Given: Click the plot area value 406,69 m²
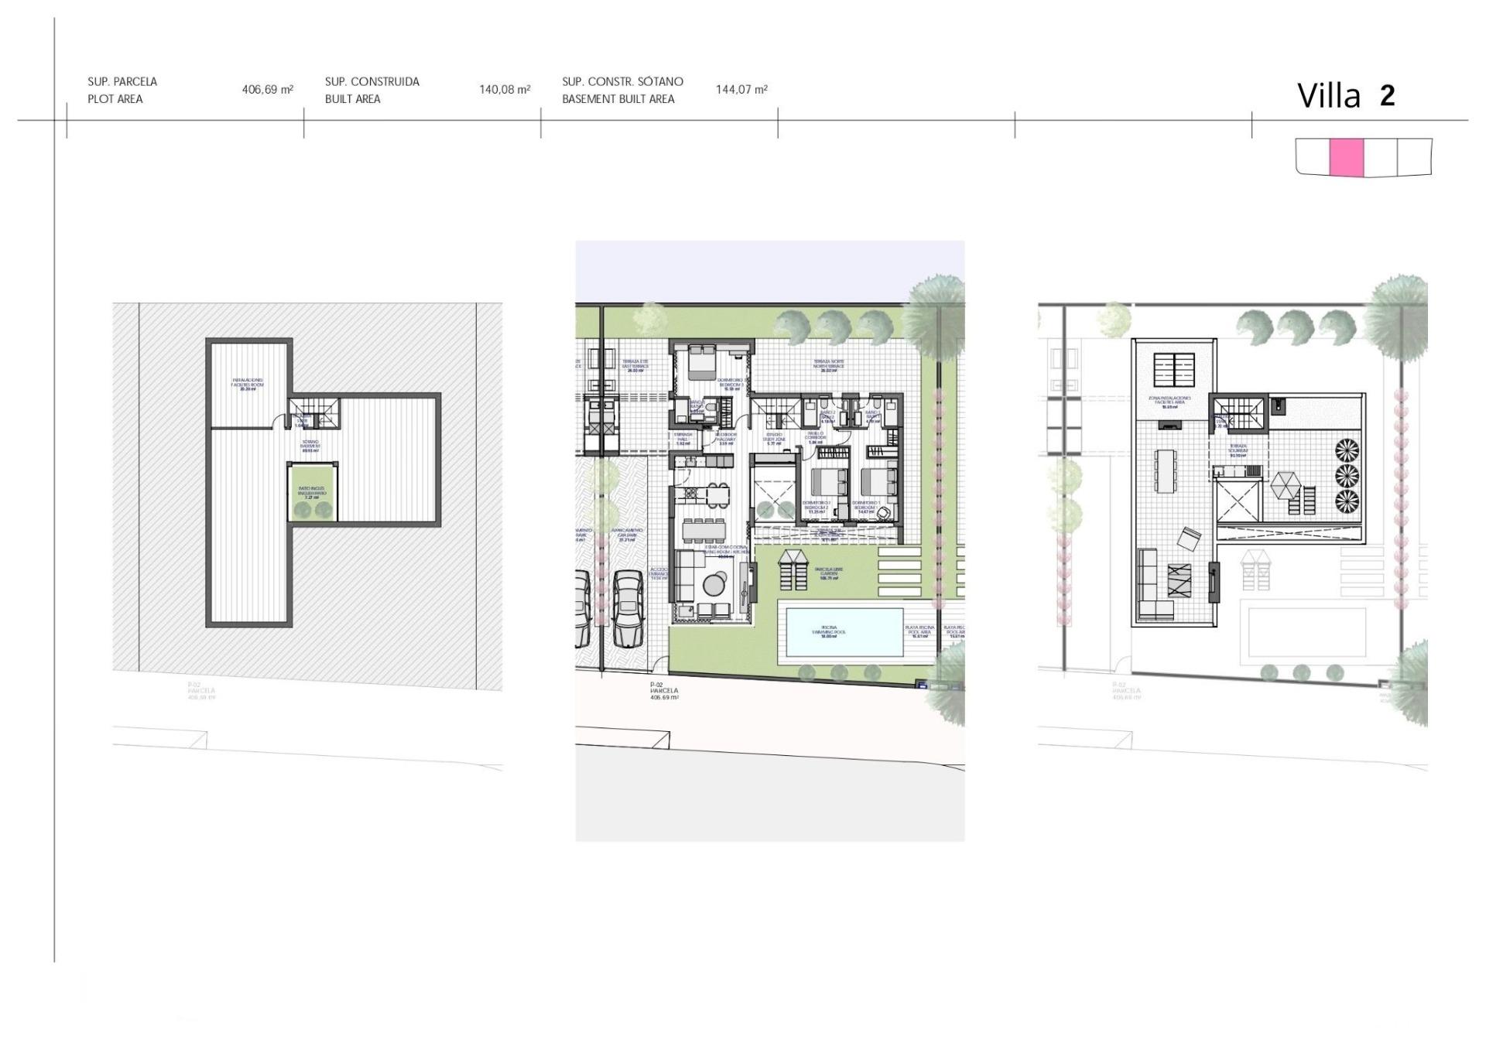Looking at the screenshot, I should pyautogui.click(x=267, y=90).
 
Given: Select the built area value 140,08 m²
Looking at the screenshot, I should pyautogui.click(x=505, y=90).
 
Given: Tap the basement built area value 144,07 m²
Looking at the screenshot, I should pyautogui.click(x=741, y=90).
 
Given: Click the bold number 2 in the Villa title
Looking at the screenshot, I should pyautogui.click(x=1387, y=96).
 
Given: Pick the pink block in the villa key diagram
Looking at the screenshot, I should pyautogui.click(x=1346, y=157).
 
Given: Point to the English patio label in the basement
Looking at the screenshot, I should pyautogui.click(x=312, y=493).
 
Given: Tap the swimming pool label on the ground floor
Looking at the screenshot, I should pyautogui.click(x=829, y=631).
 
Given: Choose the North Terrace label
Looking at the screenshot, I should pyautogui.click(x=828, y=365).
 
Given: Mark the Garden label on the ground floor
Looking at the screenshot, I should pyautogui.click(x=828, y=573).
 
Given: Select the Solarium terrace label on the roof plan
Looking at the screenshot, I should pyautogui.click(x=1238, y=451).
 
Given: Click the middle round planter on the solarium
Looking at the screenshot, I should pyautogui.click(x=1347, y=475).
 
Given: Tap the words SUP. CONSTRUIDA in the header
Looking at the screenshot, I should pyautogui.click(x=372, y=81).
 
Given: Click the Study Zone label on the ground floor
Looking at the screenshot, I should pyautogui.click(x=774, y=440).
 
